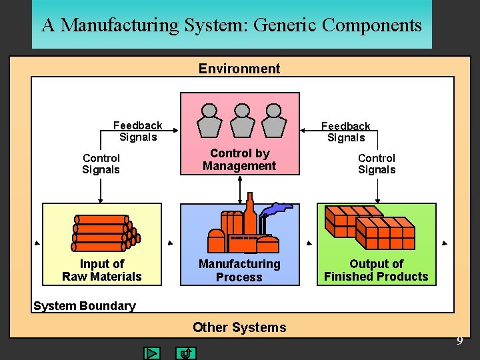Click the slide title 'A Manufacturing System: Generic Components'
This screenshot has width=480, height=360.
tap(231, 25)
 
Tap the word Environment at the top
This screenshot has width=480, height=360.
tap(239, 68)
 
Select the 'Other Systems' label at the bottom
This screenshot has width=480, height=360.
tap(239, 327)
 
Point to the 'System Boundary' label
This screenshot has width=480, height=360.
tap(84, 306)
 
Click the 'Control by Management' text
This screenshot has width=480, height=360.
tap(239, 159)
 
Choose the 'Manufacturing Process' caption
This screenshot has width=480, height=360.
tap(239, 270)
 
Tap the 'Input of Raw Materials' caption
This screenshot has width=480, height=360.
tap(102, 270)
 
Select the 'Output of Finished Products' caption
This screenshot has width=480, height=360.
tap(376, 270)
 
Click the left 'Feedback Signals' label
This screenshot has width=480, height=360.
tap(137, 131)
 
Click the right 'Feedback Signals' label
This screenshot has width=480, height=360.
tap(345, 132)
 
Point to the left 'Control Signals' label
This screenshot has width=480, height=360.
tap(101, 163)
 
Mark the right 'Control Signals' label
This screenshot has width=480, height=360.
tap(377, 163)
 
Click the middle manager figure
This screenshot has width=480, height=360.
tap(240, 119)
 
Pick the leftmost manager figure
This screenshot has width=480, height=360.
tap(209, 119)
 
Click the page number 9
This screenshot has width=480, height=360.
tap(459, 341)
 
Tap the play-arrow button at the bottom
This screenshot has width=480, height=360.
tap(153, 353)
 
